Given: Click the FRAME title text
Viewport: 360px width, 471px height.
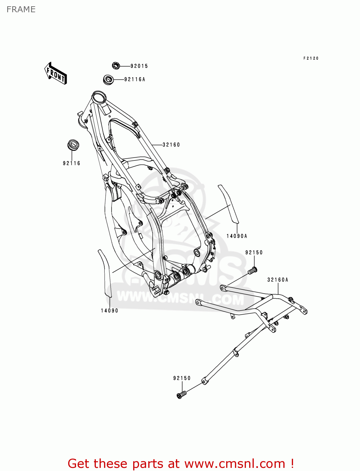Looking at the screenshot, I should [x=21, y=9].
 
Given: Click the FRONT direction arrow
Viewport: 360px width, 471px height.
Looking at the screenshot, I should [x=56, y=73].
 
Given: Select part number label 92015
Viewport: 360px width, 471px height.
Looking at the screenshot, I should [x=139, y=66].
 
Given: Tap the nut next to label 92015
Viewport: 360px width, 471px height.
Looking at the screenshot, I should [x=116, y=66].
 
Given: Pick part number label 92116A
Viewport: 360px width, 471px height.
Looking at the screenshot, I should [x=135, y=79].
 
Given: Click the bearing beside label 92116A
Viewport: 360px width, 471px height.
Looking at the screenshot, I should [x=108, y=79].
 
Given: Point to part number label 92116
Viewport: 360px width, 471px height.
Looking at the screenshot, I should [x=72, y=163].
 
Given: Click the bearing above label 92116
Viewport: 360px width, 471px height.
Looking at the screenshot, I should [x=73, y=145].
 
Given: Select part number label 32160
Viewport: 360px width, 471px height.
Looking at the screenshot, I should [x=171, y=145].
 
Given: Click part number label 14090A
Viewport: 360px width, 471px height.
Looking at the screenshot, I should [x=237, y=236].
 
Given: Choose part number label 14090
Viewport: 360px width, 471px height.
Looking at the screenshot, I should [x=109, y=311].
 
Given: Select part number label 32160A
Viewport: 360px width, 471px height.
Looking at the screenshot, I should [x=278, y=280].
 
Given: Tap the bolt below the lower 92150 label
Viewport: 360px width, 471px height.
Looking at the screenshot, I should [x=181, y=394].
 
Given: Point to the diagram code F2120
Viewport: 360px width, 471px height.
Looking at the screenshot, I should [x=311, y=58].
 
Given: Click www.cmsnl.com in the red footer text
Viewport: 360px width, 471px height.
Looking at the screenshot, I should [x=234, y=464].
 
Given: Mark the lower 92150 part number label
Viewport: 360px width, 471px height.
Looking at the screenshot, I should [x=182, y=378].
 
